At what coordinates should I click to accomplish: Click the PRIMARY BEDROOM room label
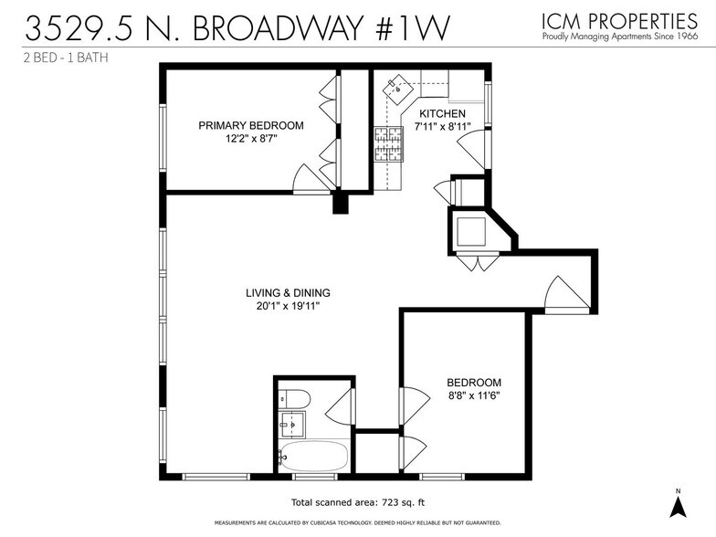[251, 125]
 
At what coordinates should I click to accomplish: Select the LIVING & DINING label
[288, 293]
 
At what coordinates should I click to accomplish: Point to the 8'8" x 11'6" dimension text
[474, 395]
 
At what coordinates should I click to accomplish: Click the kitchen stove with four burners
[388, 144]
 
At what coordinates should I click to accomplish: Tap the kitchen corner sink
[399, 89]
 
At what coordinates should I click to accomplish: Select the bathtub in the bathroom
[313, 456]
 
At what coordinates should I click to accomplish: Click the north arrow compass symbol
[679, 505]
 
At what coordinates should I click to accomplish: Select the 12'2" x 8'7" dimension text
[251, 139]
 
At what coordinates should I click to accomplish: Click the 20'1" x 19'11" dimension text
[288, 307]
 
